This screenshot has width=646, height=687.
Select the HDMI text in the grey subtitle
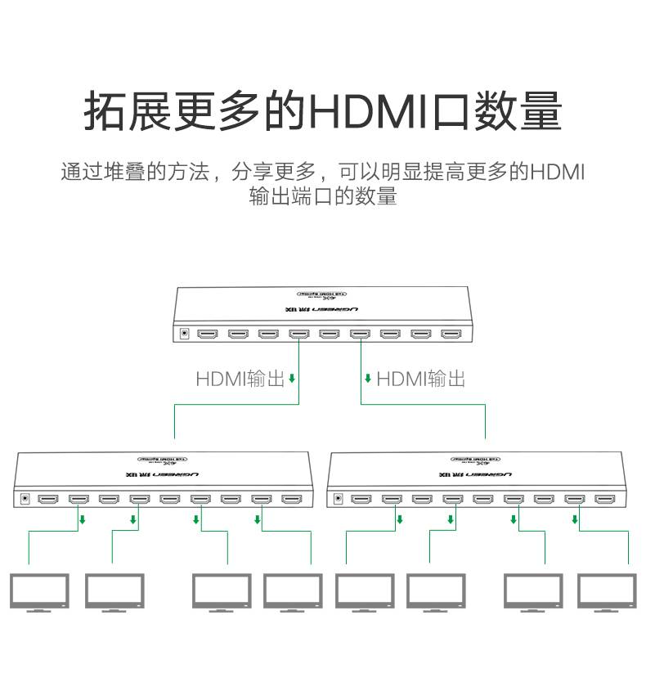tap(558, 173)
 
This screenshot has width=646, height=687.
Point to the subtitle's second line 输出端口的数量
tap(323, 196)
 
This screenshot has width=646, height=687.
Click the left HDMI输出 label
tap(240, 379)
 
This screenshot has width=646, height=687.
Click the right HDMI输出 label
tap(420, 379)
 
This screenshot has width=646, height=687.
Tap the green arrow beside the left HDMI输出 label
tap(292, 379)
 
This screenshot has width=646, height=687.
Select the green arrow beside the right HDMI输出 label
tap(368, 379)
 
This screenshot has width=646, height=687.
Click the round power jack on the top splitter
tap(184, 334)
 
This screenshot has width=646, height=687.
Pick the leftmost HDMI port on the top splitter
tap(208, 334)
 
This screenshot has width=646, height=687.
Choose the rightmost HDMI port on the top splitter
tap(451, 334)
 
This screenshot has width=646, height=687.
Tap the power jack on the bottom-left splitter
tap(25, 498)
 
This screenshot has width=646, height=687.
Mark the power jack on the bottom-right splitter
tap(336, 498)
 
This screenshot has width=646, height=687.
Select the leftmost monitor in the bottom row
tap(38, 591)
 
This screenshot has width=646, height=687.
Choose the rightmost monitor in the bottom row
tap(607, 591)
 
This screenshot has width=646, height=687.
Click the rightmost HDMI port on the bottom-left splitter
tap(292, 498)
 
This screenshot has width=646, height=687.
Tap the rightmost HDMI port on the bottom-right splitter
tap(605, 498)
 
